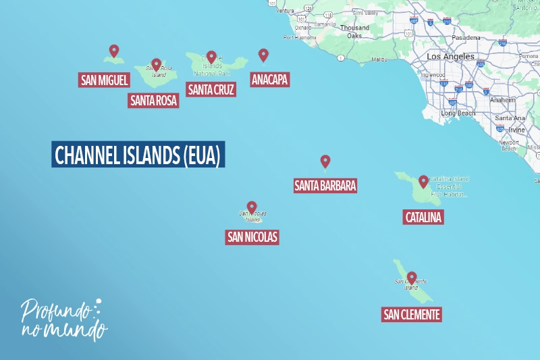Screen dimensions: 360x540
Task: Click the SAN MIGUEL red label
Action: tap(104, 80)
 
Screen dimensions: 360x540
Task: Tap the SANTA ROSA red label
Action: tap(153, 101)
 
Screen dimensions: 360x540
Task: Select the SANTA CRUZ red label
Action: tap(211, 89)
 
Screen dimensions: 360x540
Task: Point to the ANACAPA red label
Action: tap(269, 80)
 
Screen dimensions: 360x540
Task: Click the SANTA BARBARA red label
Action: tap(325, 185)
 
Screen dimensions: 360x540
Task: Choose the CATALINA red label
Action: tap(423, 217)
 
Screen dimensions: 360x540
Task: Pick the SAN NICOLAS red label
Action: tap(252, 237)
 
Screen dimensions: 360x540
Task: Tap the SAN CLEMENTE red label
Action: tap(411, 314)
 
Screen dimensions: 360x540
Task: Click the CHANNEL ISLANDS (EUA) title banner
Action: tap(138, 155)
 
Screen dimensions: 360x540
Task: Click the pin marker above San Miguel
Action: tap(114, 51)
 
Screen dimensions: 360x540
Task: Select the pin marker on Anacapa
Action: tap(263, 55)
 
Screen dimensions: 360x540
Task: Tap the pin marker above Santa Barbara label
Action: tap(325, 161)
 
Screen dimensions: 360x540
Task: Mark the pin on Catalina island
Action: tap(423, 181)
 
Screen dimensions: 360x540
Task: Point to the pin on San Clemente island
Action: tap(411, 277)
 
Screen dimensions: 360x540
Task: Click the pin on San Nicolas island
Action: tap(252, 207)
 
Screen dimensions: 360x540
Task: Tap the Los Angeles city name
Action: tap(450, 57)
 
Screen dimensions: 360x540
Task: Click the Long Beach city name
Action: tap(458, 113)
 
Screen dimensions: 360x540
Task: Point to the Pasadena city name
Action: tap(466, 38)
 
